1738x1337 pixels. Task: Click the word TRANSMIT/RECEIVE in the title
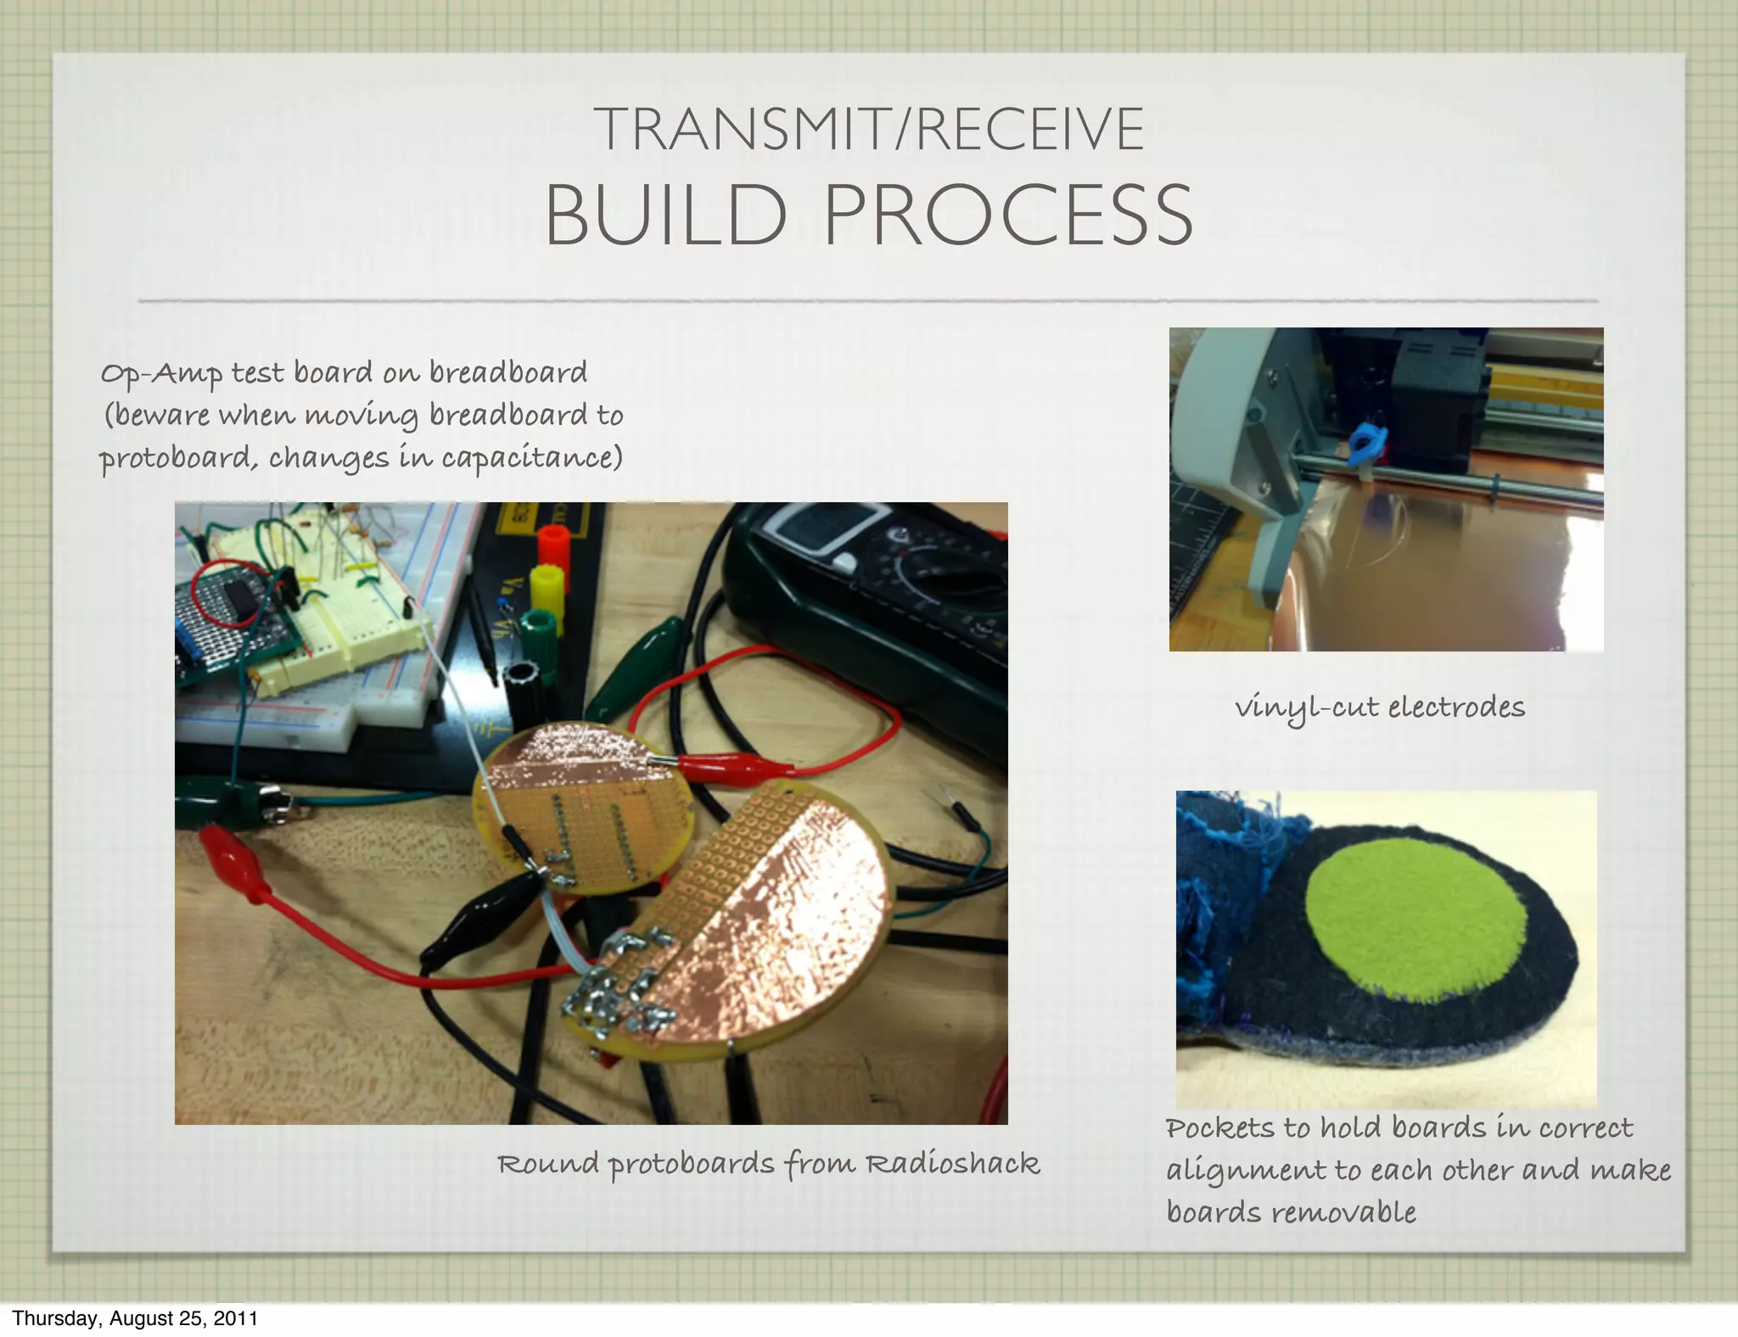click(x=869, y=129)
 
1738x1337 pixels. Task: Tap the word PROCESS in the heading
click(x=1008, y=215)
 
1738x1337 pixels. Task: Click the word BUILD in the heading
click(x=665, y=215)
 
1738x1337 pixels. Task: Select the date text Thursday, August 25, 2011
click(x=134, y=1317)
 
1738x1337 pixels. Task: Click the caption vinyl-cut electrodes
click(x=1379, y=707)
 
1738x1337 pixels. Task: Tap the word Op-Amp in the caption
click(x=161, y=373)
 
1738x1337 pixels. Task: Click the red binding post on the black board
click(x=552, y=544)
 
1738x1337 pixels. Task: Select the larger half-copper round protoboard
click(x=764, y=925)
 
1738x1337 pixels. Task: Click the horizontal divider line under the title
click(x=869, y=301)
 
